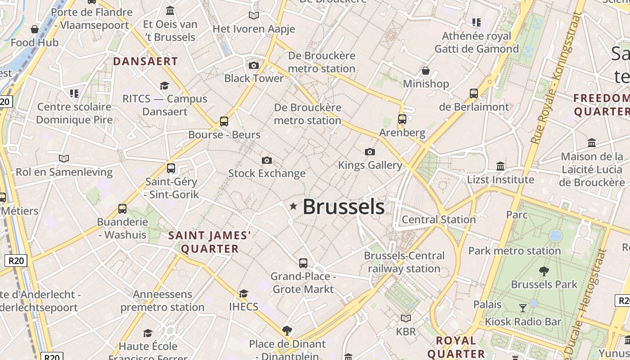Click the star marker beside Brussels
point(293,207)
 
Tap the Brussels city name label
point(343,207)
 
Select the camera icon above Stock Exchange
point(267,160)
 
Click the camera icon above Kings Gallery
point(370,152)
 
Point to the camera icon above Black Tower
point(254,66)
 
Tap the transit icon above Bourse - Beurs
point(224,121)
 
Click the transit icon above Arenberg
point(402,119)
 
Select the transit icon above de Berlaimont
point(474,94)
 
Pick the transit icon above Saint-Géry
point(171,168)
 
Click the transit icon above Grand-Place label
point(303,263)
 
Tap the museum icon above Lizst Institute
point(500,166)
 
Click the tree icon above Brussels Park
point(544,271)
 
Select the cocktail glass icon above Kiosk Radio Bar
point(523,308)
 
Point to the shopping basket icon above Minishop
point(426,71)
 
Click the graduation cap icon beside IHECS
point(243,294)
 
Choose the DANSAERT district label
point(145,61)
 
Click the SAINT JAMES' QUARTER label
point(210,242)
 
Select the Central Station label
point(438,220)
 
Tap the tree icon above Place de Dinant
point(287,331)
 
